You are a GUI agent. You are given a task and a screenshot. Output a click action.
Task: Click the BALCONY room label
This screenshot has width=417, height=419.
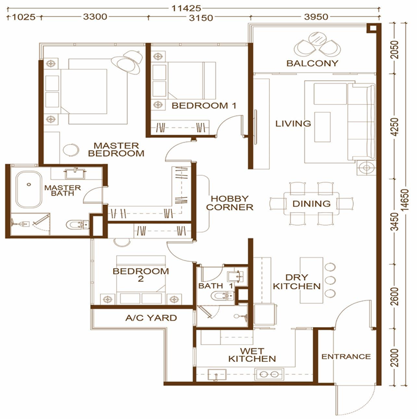click(312, 63)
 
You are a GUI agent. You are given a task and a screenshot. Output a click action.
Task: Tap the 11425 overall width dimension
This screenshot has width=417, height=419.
click(186, 8)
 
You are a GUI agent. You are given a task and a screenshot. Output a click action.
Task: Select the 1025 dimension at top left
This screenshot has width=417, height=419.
click(24, 17)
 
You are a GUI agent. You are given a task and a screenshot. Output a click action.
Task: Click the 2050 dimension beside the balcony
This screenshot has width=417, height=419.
click(394, 49)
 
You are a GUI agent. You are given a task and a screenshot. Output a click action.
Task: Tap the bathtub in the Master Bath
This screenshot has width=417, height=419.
click(29, 189)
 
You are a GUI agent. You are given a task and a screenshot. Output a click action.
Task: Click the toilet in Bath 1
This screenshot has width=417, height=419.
click(222, 296)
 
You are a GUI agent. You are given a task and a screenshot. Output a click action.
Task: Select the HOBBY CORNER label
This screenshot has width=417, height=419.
click(230, 203)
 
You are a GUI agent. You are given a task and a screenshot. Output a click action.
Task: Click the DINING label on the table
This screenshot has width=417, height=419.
click(312, 204)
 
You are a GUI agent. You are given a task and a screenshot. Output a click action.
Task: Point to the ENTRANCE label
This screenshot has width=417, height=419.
click(346, 356)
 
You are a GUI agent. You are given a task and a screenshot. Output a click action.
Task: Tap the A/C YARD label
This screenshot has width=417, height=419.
click(151, 318)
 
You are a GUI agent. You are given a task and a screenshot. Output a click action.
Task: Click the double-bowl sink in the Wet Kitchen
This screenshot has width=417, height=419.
click(269, 374)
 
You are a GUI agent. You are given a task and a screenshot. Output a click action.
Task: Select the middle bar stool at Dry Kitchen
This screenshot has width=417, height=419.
click(330, 280)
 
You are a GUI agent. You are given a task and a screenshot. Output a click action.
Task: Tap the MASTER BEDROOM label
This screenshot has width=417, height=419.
click(116, 150)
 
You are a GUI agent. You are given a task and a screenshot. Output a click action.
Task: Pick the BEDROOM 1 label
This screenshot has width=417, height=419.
click(204, 105)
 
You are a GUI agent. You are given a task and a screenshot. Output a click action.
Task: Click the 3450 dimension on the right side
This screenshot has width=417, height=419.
click(394, 222)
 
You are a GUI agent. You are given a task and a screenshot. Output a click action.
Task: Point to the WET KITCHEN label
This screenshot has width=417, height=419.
click(252, 355)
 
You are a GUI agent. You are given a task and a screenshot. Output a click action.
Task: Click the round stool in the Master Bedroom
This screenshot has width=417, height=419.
click(71, 150)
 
